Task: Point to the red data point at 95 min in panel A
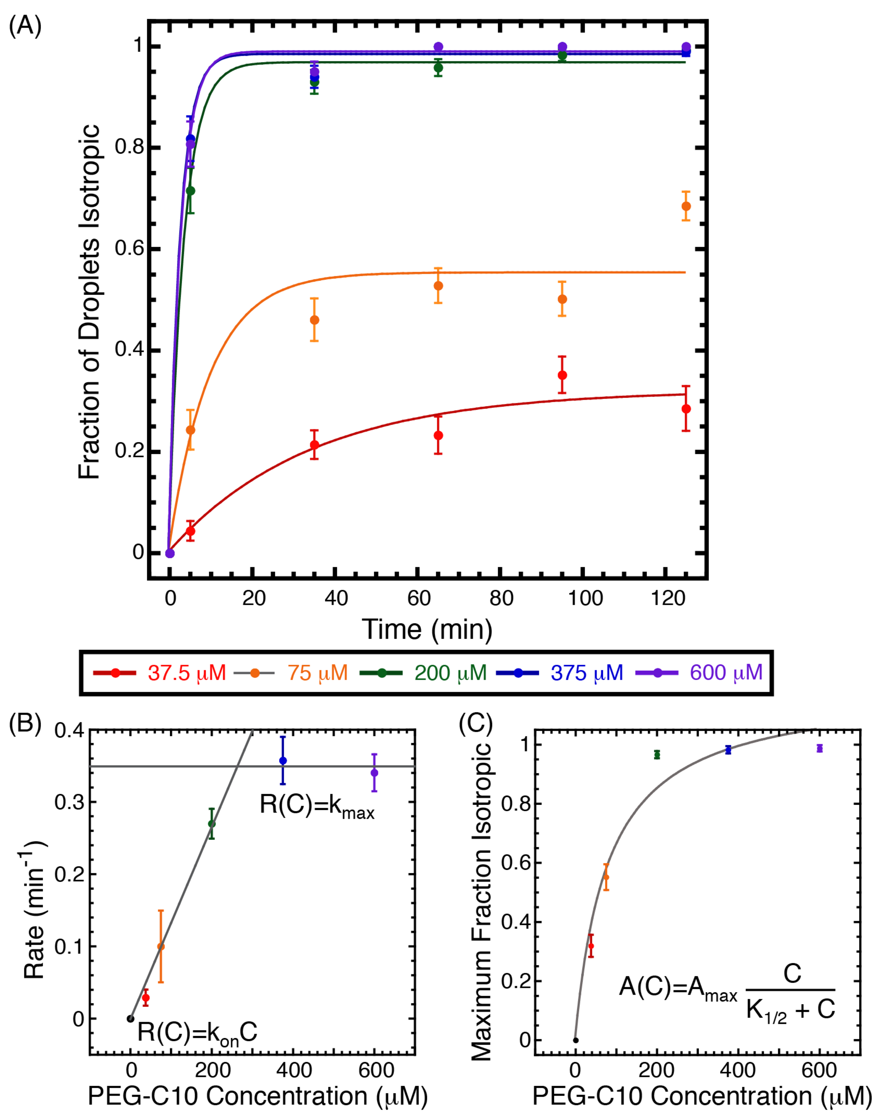(x=562, y=375)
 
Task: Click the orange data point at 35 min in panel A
(x=314, y=320)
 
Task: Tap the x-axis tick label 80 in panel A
(x=501, y=599)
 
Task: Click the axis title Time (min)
(x=427, y=630)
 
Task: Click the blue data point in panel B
(x=283, y=761)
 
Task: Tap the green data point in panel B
(x=211, y=824)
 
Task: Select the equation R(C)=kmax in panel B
(x=317, y=806)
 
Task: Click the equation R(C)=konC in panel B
(x=197, y=1033)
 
